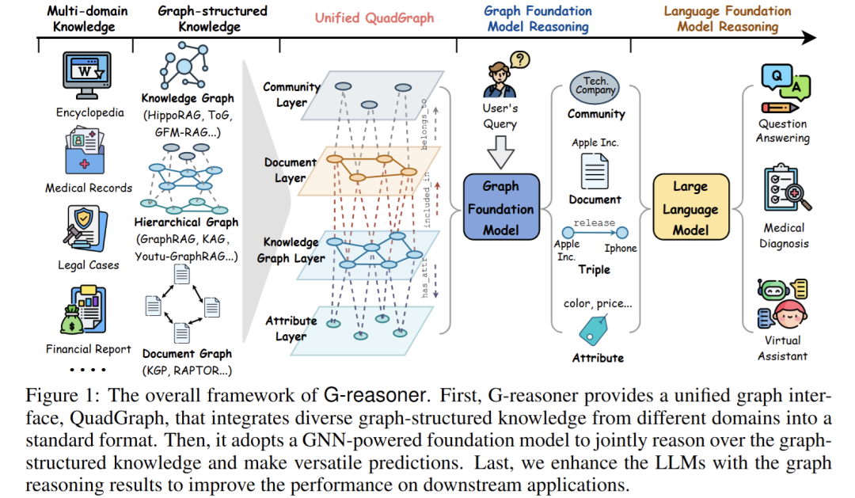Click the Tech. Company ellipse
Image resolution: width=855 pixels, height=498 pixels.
[x=595, y=86]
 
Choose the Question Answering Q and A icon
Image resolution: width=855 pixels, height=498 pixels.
[x=783, y=87]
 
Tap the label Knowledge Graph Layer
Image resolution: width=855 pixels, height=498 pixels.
[x=291, y=250]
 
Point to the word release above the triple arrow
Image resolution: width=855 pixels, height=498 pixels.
[x=594, y=222]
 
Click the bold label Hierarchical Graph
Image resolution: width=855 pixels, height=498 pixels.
[x=186, y=222]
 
